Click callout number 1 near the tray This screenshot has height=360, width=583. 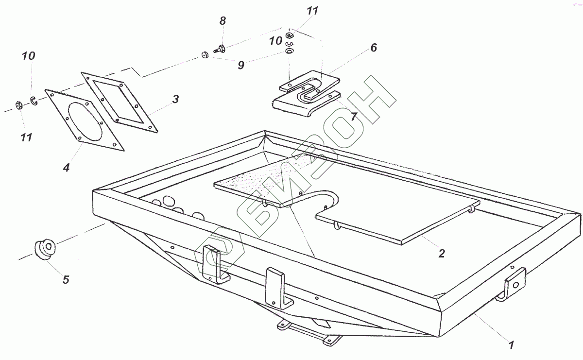[511, 345]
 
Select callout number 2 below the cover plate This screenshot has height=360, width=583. [441, 253]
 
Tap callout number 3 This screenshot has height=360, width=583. [175, 100]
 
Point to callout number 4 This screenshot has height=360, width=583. [66, 168]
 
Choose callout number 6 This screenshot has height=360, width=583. [373, 48]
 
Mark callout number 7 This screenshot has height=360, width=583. [354, 117]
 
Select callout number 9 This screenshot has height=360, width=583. [241, 65]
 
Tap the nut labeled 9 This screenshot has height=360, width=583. [205, 54]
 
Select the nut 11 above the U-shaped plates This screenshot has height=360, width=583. [290, 35]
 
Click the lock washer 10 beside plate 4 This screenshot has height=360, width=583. [34, 100]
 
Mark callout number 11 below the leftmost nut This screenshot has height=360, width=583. [26, 137]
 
